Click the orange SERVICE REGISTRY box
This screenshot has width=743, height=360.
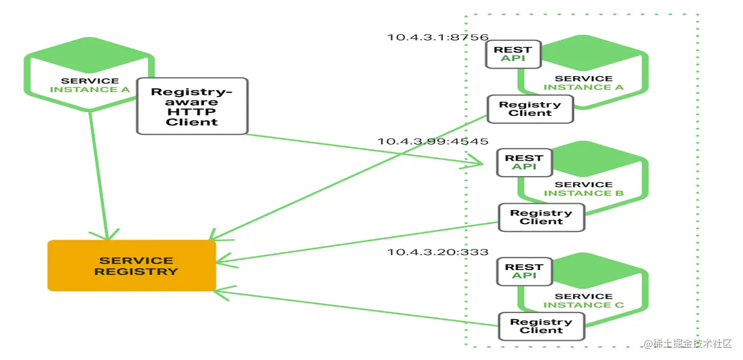click(x=131, y=266)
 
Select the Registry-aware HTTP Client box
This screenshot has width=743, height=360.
click(x=192, y=106)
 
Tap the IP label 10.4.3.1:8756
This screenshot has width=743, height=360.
click(x=438, y=38)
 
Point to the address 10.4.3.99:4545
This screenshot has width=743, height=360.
click(x=433, y=141)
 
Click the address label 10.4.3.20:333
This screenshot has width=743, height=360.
click(x=438, y=252)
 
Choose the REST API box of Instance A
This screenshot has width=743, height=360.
click(x=513, y=54)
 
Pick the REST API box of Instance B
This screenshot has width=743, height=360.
click(x=524, y=162)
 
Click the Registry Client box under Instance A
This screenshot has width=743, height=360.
click(x=530, y=109)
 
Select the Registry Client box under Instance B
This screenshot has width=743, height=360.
click(x=541, y=217)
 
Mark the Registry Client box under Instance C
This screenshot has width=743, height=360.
click(x=541, y=326)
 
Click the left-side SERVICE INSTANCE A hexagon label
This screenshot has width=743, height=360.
click(x=90, y=85)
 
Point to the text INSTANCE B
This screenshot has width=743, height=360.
click(x=583, y=193)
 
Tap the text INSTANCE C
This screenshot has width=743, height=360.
click(x=583, y=305)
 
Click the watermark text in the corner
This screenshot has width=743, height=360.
click(x=688, y=343)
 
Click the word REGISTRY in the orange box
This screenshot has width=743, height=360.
click(x=136, y=272)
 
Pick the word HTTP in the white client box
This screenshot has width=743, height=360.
click(x=192, y=112)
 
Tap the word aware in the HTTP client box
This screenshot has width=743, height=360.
click(x=192, y=102)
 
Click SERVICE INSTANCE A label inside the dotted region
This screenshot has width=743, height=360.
click(x=583, y=83)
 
